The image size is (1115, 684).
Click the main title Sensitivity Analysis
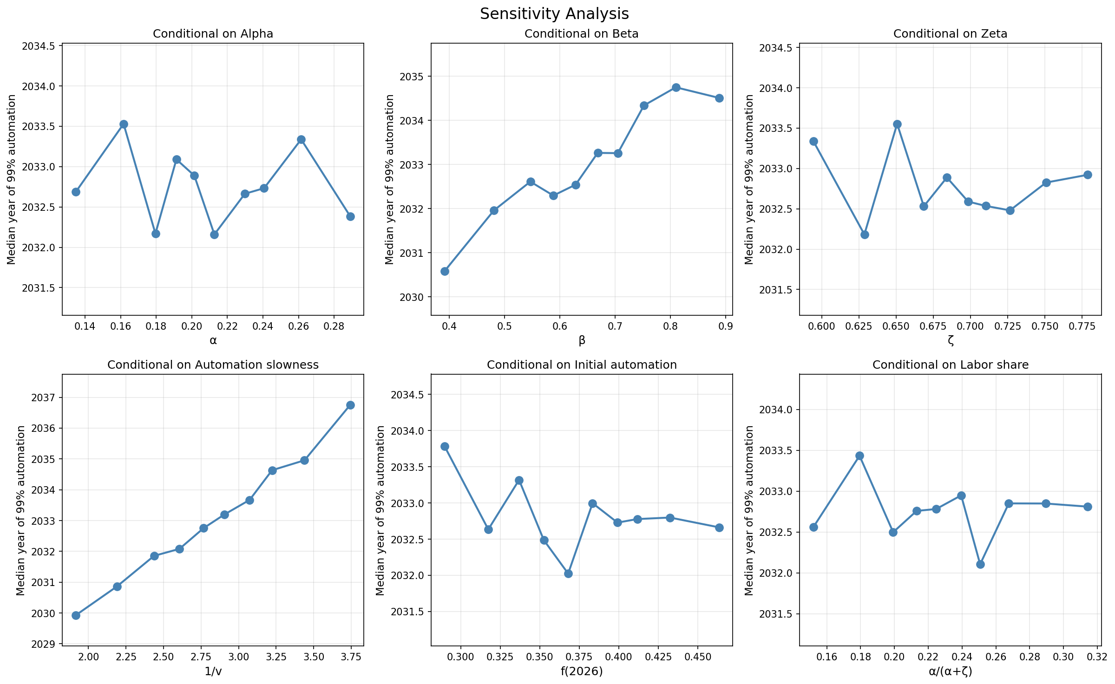554,14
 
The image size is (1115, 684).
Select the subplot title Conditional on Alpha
213,34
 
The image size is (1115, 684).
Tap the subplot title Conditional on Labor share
950,365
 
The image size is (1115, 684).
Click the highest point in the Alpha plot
124,124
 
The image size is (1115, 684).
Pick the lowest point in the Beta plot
445,271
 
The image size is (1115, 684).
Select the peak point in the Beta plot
676,87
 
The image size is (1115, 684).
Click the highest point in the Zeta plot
897,124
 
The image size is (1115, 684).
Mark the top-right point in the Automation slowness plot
350,405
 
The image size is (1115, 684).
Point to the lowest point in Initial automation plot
568,573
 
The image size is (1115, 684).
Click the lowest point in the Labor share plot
980,564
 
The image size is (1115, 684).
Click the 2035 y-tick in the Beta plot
409,77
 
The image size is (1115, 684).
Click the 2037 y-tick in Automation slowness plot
43,398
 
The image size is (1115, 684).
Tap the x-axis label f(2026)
582,671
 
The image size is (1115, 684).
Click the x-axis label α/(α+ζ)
950,671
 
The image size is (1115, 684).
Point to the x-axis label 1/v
213,671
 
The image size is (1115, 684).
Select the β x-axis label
582,341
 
